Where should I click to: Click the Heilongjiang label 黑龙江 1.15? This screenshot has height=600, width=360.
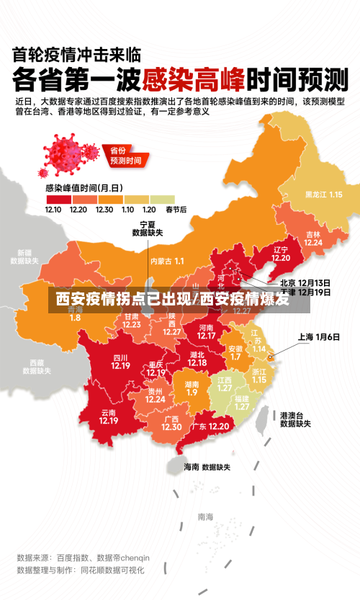pyautogui.click(x=323, y=194)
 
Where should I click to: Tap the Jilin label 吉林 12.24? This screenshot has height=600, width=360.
pyautogui.click(x=312, y=238)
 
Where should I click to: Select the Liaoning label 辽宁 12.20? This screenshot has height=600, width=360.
pyautogui.click(x=280, y=254)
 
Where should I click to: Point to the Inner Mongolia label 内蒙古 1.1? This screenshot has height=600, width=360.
pyautogui.click(x=167, y=261)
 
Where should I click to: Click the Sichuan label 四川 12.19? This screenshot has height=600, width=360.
pyautogui.click(x=120, y=362)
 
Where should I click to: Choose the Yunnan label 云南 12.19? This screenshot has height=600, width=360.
pyautogui.click(x=109, y=416)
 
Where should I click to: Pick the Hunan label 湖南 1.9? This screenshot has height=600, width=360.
pyautogui.click(x=192, y=388)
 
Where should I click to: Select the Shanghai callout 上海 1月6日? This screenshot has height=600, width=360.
pyautogui.click(x=318, y=337)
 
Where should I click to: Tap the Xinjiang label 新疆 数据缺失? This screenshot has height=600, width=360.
pyautogui.click(x=24, y=257)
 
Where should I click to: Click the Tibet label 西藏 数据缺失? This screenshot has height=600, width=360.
pyautogui.click(x=36, y=367)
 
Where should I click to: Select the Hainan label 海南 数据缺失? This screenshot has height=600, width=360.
pyautogui.click(x=206, y=467)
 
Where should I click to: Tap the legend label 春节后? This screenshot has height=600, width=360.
pyautogui.click(x=176, y=210)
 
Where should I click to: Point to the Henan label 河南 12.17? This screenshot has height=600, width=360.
pyautogui.click(x=206, y=331)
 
